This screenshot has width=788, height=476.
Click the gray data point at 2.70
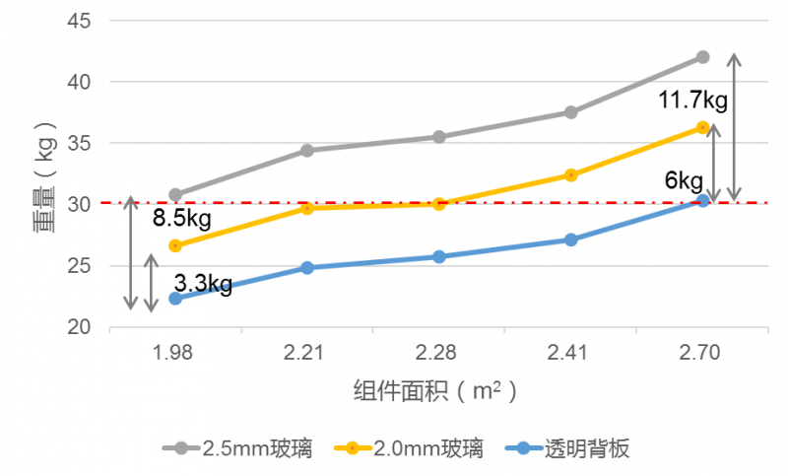pos(702,57)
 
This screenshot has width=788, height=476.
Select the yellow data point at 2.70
pos(702,127)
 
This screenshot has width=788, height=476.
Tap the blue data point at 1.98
pos(175,298)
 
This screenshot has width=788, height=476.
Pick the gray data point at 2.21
pos(307,150)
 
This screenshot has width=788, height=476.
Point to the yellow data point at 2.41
pos(571,175)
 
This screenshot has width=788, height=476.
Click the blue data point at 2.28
pos(439,256)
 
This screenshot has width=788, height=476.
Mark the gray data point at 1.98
pos(175,194)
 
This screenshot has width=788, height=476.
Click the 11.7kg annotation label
pos(693,100)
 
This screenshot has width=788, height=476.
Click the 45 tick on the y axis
pos(80,21)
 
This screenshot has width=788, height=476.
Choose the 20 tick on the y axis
pos(80,327)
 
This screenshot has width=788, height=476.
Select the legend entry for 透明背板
pos(571,449)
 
